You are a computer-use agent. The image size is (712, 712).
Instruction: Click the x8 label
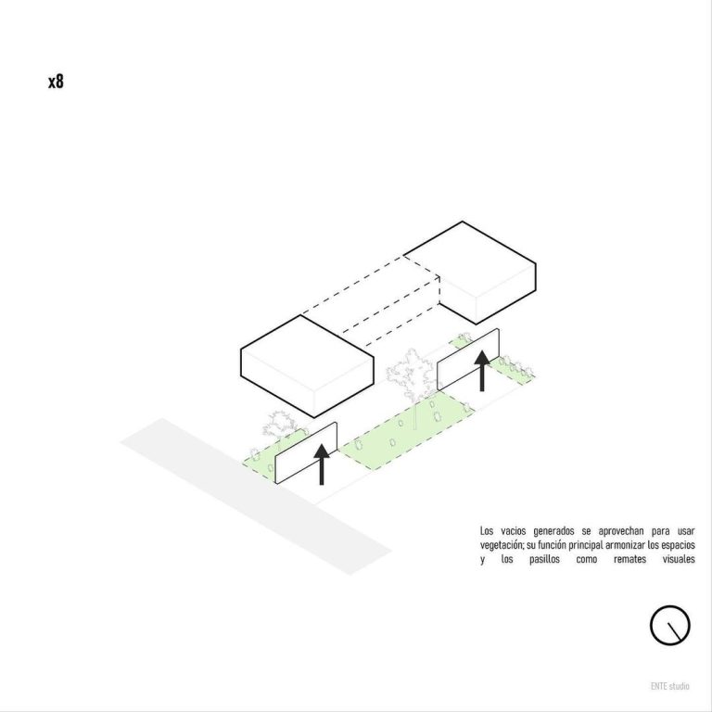pos(56,82)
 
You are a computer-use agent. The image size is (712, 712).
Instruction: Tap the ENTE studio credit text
pos(669,686)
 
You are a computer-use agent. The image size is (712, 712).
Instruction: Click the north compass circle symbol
pos(669,625)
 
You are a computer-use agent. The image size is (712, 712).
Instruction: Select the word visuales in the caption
pos(679,558)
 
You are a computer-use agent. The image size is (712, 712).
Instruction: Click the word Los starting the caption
pos(487,531)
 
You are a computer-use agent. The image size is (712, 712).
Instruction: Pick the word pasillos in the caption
pos(544,559)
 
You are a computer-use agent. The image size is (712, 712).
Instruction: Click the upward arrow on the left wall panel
pos(322,464)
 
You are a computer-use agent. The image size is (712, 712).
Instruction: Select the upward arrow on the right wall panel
pos(482,371)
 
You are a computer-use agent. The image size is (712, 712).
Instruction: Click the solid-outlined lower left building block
pos(307,366)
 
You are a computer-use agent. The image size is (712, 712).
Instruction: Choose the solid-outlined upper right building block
pos(476,273)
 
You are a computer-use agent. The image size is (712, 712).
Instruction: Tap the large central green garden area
pos(406,430)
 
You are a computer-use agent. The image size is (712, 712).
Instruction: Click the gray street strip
pos(256,496)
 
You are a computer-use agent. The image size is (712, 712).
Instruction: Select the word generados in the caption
pos(553,531)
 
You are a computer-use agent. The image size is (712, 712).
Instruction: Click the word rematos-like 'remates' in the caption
pos(629,558)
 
